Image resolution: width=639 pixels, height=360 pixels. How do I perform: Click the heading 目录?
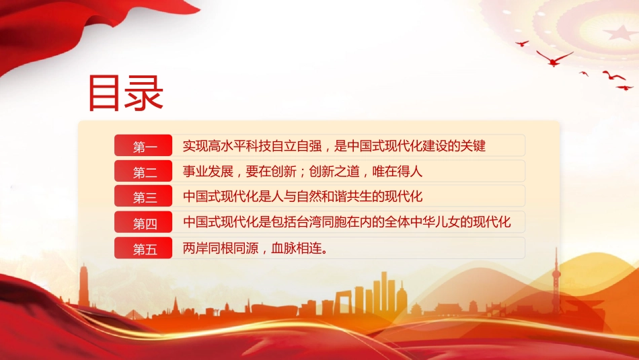pyautogui.click(x=126, y=94)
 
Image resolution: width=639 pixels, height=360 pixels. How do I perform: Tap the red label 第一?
pyautogui.click(x=143, y=145)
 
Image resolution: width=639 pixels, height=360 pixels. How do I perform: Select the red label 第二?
pyautogui.click(x=143, y=171)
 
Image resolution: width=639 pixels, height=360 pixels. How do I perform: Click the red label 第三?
pyautogui.click(x=143, y=196)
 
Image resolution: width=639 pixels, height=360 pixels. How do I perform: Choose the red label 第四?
pyautogui.click(x=143, y=222)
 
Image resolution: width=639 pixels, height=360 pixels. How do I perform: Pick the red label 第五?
pyautogui.click(x=143, y=248)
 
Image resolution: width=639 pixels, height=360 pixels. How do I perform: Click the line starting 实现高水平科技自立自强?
pyautogui.click(x=334, y=146)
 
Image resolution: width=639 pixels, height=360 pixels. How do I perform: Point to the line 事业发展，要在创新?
pyautogui.click(x=303, y=171)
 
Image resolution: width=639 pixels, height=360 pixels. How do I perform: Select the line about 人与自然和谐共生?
pyautogui.click(x=303, y=196)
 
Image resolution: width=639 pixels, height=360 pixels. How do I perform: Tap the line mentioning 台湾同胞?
pyautogui.click(x=347, y=222)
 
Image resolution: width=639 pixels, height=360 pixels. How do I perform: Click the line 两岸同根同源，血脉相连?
pyautogui.click(x=256, y=248)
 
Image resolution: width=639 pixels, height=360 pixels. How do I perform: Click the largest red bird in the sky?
pyautogui.click(x=554, y=59)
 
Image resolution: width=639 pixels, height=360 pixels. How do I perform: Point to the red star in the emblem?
pyautogui.click(x=620, y=32)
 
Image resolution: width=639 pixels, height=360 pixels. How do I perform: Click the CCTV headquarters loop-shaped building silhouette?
pyautogui.click(x=343, y=301)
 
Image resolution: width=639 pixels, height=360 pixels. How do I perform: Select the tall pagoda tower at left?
pyautogui.click(x=84, y=285)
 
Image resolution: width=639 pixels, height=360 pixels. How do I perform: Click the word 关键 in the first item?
pyautogui.click(x=473, y=146)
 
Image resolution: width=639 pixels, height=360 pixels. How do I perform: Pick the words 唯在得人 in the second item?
pyautogui.click(x=398, y=171)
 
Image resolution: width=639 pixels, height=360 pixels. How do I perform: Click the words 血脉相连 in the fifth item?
pyautogui.click(x=296, y=248)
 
